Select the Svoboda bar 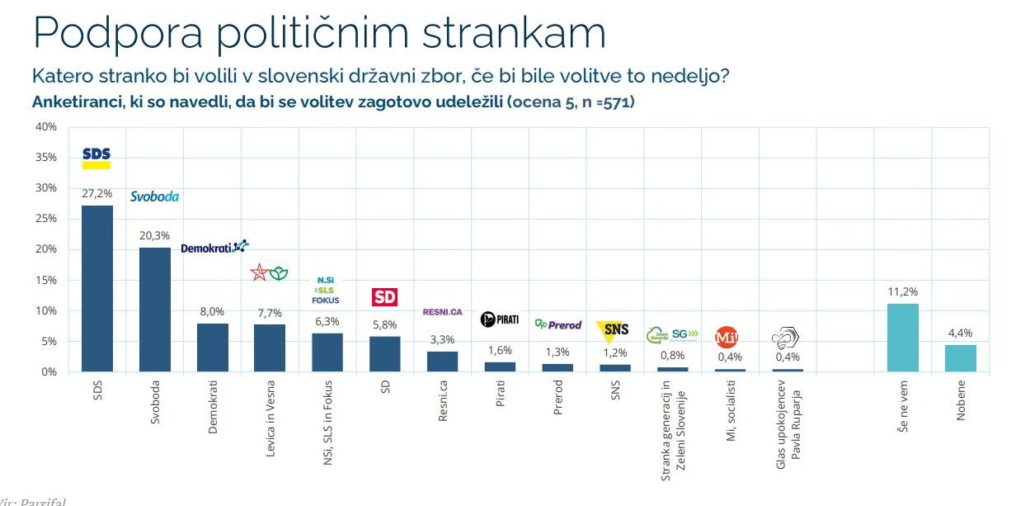pyautogui.click(x=154, y=310)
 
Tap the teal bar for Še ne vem pyautogui.click(x=902, y=338)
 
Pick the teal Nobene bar pyautogui.click(x=960, y=358)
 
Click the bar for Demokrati pyautogui.click(x=212, y=348)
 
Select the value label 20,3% pyautogui.click(x=154, y=234)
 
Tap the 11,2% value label pyautogui.click(x=902, y=291)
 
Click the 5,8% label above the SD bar pyautogui.click(x=384, y=324)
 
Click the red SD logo pyautogui.click(x=385, y=298)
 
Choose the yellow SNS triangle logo pyautogui.click(x=614, y=330)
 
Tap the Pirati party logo pyautogui.click(x=499, y=319)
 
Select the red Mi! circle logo pyautogui.click(x=726, y=337)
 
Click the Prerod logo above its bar pyautogui.click(x=557, y=325)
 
